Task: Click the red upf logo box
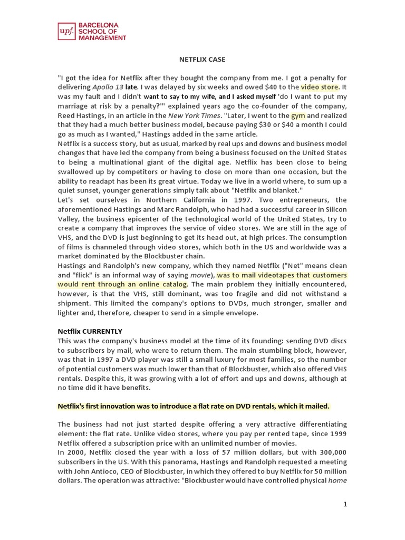(x=66, y=32)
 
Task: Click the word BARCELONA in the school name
(x=98, y=25)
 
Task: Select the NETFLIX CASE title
(x=202, y=60)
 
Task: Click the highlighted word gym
(x=298, y=115)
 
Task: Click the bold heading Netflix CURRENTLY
(x=90, y=331)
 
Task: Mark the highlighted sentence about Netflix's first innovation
(x=193, y=406)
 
